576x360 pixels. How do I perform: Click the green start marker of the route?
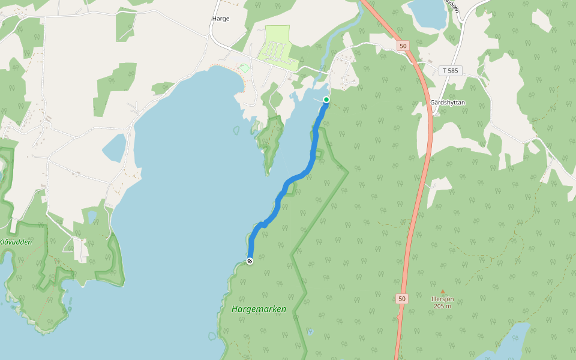click(x=326, y=100)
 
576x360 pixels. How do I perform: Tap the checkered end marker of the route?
click(x=250, y=260)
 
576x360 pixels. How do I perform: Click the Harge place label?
click(x=221, y=19)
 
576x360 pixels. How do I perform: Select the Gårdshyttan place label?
click(x=448, y=103)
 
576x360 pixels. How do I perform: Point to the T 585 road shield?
click(x=450, y=71)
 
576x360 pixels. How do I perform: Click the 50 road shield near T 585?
click(x=403, y=46)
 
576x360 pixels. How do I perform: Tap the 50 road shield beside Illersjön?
click(x=401, y=298)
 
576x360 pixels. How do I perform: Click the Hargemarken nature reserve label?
click(x=259, y=309)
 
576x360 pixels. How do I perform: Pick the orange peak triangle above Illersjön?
click(x=443, y=292)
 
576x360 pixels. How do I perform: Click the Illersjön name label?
click(x=443, y=299)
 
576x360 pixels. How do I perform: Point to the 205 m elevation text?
click(x=443, y=306)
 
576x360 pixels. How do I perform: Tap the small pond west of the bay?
click(x=114, y=147)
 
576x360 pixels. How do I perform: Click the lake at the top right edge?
click(x=427, y=14)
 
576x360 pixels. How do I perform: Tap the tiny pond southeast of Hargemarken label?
click(x=310, y=331)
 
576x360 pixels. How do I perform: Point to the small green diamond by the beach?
click(x=244, y=68)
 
